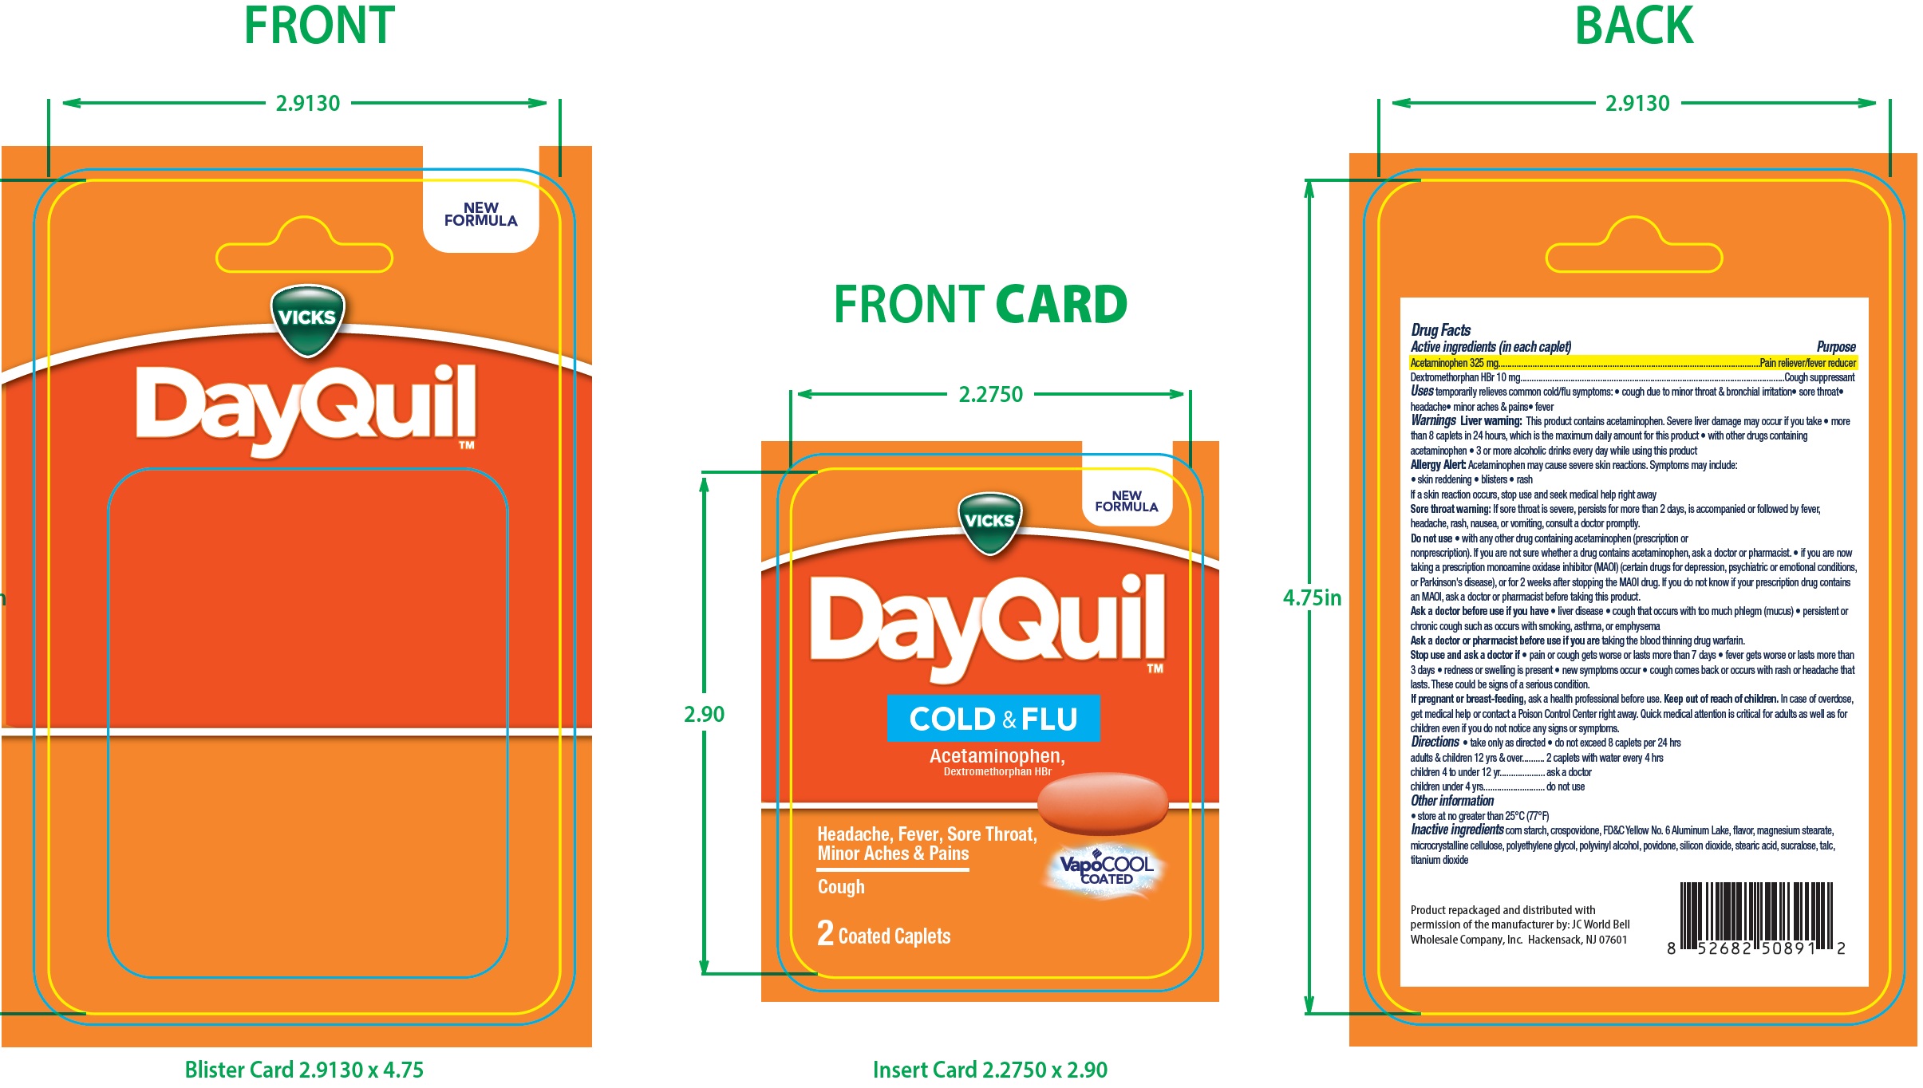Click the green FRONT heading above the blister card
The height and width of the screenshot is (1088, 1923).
point(319,26)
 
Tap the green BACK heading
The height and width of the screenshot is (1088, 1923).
point(1633,26)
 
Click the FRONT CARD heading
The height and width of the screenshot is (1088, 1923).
point(981,305)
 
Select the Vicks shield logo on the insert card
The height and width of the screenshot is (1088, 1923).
point(989,523)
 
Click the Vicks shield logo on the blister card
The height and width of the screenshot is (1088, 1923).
point(308,320)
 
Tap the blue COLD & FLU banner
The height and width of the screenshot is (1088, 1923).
point(993,719)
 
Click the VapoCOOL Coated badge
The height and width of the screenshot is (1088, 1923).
point(1105,869)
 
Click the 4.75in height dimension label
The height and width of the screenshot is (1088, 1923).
point(1313,597)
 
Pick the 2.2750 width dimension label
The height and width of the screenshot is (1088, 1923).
point(990,394)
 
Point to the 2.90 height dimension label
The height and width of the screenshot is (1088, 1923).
point(704,714)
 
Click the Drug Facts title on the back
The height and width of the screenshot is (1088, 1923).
point(1440,329)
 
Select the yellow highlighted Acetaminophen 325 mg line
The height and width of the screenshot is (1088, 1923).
point(1633,363)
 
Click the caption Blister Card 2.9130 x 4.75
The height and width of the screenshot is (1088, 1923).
point(304,1070)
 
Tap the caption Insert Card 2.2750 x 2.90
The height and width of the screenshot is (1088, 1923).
point(990,1070)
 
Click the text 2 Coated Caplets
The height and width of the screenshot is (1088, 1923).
point(883,934)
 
